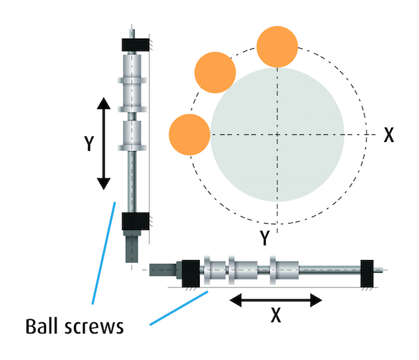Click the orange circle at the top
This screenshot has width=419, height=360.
(277, 47)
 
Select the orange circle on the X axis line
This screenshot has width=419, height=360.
(189, 134)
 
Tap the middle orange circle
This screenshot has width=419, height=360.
(215, 73)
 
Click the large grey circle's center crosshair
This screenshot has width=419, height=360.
(277, 134)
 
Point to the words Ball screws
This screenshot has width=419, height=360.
(75, 327)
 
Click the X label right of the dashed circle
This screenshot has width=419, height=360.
(389, 135)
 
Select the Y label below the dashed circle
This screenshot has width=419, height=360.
(265, 238)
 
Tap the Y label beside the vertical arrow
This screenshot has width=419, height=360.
(89, 143)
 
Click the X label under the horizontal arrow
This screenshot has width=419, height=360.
(276, 315)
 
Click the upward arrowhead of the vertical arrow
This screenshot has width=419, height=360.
(103, 103)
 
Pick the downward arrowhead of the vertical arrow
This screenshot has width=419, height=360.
(103, 184)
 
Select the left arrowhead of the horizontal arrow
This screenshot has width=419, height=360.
(235, 300)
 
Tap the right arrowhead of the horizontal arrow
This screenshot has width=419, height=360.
(316, 300)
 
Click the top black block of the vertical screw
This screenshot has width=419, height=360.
(135, 45)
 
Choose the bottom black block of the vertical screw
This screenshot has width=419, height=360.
(135, 221)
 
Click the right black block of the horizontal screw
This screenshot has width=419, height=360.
(367, 273)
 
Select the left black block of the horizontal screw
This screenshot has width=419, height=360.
(191, 273)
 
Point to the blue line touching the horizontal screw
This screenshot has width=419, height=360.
(179, 308)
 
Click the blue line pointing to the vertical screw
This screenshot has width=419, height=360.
(103, 253)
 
